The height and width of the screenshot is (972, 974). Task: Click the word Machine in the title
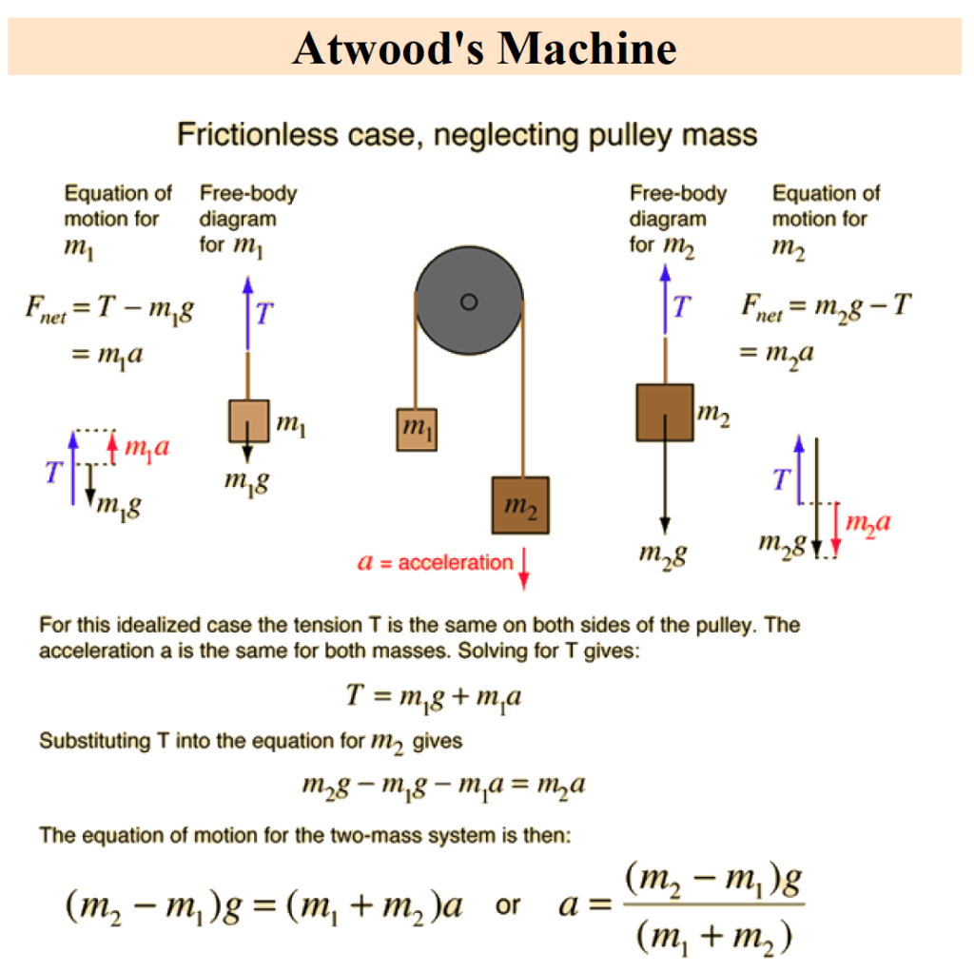tap(587, 49)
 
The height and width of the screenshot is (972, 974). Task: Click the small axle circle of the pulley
tap(469, 301)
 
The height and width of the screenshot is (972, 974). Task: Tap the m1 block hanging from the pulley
tap(417, 429)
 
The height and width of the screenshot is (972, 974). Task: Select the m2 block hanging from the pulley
tap(520, 505)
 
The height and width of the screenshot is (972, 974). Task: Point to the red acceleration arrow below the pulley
tap(524, 569)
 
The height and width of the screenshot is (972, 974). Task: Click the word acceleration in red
tap(456, 563)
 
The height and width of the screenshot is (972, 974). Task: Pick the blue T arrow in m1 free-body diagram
tap(248, 314)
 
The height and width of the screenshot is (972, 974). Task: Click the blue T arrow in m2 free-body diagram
tap(665, 300)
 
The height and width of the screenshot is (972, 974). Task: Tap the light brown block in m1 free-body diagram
tap(249, 420)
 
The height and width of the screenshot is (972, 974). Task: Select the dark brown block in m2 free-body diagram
tap(665, 413)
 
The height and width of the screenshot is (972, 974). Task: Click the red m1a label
tap(147, 447)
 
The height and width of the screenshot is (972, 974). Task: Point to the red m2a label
tap(868, 523)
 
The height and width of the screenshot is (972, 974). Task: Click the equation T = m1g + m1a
tap(434, 696)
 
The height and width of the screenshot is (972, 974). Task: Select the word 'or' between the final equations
tap(508, 906)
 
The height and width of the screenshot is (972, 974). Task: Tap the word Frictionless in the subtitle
tap(258, 134)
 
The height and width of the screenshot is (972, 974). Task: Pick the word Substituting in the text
tap(95, 740)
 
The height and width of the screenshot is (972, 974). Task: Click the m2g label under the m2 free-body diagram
tap(663, 554)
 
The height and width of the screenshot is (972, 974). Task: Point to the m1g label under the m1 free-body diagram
tap(247, 482)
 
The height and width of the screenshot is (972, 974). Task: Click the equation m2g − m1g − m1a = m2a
tap(443, 786)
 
